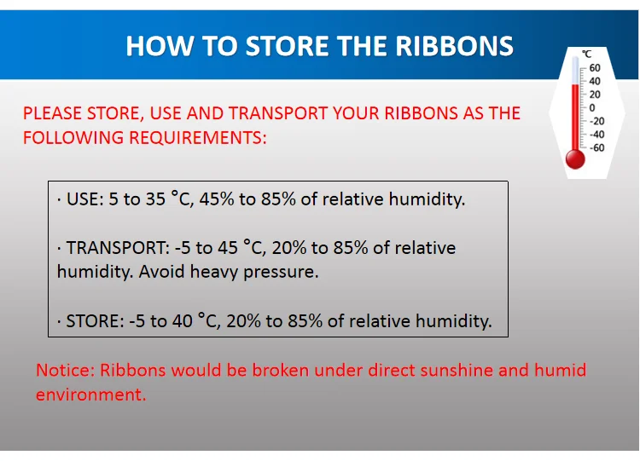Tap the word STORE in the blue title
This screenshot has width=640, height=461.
coord(288,46)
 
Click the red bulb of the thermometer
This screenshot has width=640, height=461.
coord(575,159)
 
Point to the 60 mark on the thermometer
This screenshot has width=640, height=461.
coord(595,67)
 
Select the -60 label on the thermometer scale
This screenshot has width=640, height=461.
coord(597,147)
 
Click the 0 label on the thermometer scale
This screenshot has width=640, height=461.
coord(592,107)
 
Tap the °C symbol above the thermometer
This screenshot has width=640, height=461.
coord(586,54)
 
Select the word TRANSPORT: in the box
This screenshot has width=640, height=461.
coord(118,248)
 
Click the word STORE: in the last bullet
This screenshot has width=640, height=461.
coord(95,321)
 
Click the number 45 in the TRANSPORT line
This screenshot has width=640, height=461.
coord(228,248)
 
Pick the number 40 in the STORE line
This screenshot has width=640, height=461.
coord(183,321)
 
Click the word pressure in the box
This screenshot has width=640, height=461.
coord(281,273)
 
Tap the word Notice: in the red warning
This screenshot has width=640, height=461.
coord(66,370)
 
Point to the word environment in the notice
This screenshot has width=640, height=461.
coord(91,395)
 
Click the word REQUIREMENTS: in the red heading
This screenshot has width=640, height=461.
coord(198,138)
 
